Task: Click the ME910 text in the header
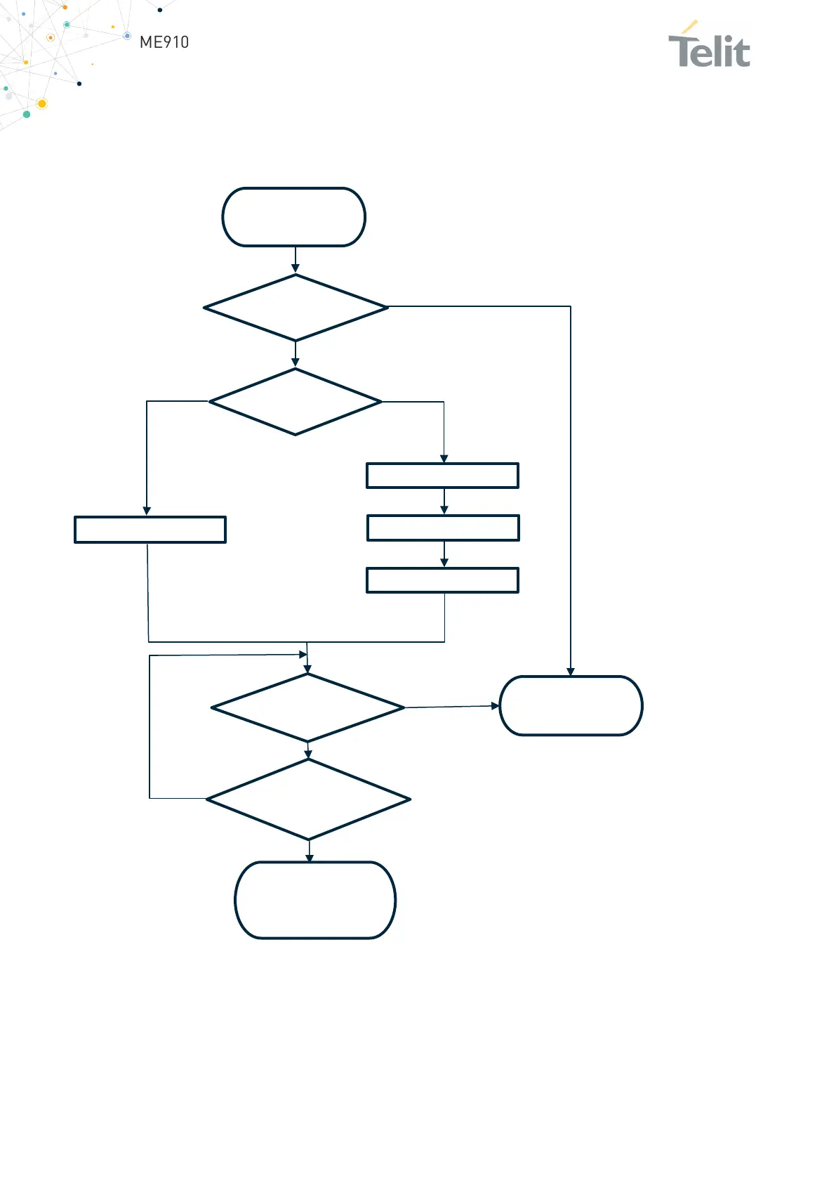click(x=164, y=42)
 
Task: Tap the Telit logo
click(x=709, y=48)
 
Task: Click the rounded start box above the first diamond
click(x=294, y=217)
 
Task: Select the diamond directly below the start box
click(x=296, y=308)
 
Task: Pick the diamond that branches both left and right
click(x=296, y=402)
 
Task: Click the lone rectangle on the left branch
click(x=150, y=530)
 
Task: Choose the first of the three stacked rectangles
click(x=442, y=476)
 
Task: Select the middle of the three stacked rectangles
click(x=443, y=528)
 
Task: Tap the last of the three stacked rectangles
click(x=442, y=580)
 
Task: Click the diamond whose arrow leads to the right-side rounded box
click(x=307, y=707)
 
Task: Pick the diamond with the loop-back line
click(x=308, y=799)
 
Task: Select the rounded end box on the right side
click(x=571, y=706)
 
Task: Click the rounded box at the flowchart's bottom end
click(x=315, y=900)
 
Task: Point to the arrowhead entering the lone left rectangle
click(x=147, y=511)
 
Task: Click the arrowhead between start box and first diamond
click(x=296, y=268)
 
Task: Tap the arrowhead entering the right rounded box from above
click(x=571, y=672)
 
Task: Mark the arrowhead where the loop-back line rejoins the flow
click(x=303, y=655)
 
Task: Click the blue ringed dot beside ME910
click(x=127, y=36)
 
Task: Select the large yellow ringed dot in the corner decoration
click(x=41, y=104)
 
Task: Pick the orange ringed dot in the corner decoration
click(x=50, y=37)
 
